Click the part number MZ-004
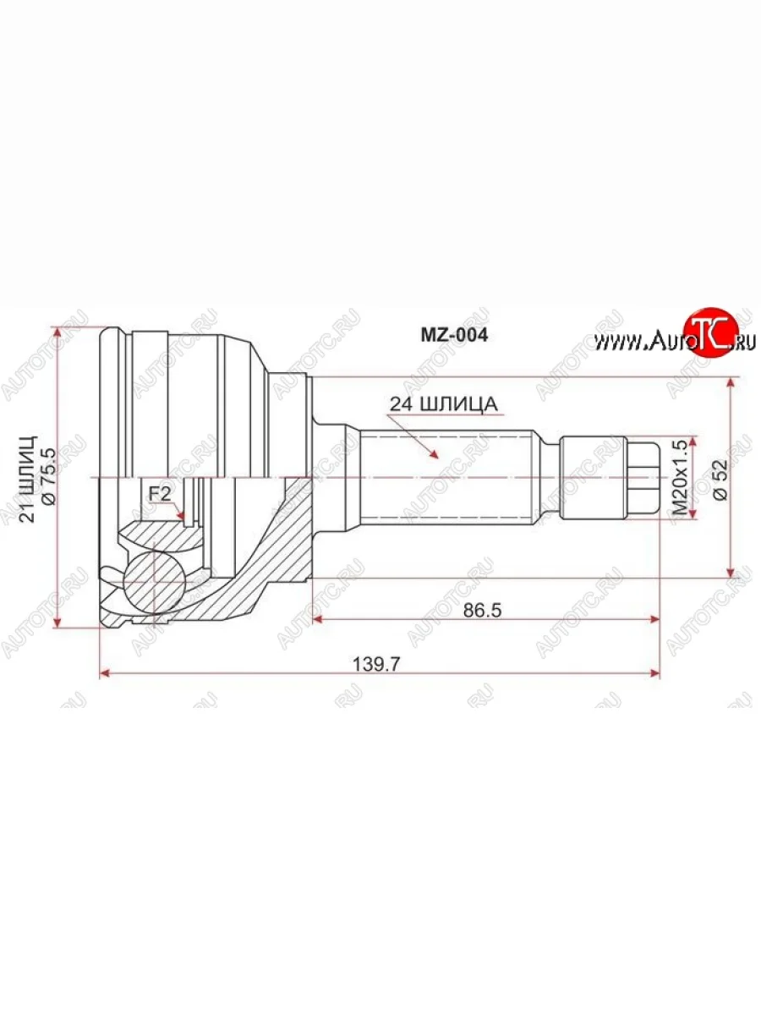[455, 335]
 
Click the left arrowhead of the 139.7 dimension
[105, 673]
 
